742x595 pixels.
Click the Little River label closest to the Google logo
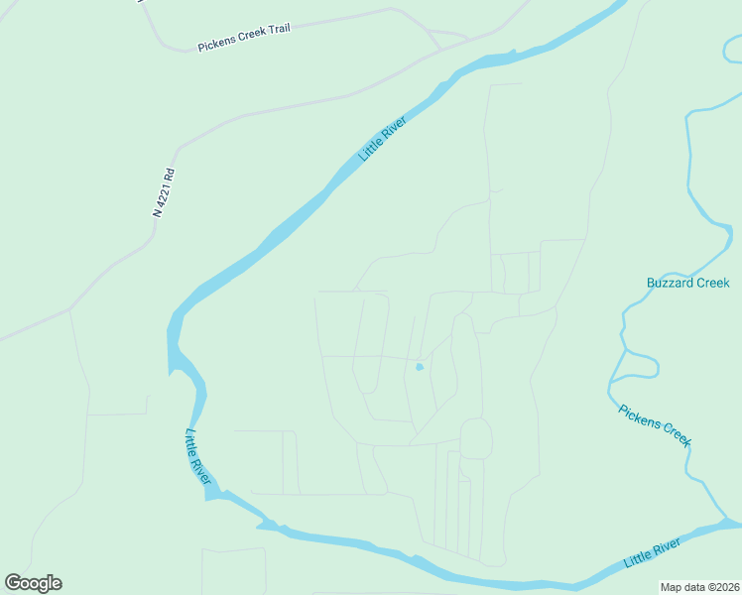click(x=198, y=457)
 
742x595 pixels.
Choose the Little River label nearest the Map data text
click(x=652, y=553)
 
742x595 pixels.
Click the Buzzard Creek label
click(x=687, y=284)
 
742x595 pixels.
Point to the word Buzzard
click(x=669, y=284)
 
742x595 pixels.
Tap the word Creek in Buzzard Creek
click(x=712, y=284)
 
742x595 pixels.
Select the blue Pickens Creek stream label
click(x=654, y=425)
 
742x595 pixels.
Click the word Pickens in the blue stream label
click(x=639, y=416)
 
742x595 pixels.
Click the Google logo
click(x=33, y=583)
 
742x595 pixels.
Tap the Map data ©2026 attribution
click(x=698, y=587)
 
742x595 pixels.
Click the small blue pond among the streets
click(x=420, y=367)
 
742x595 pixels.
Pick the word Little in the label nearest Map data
click(x=639, y=559)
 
